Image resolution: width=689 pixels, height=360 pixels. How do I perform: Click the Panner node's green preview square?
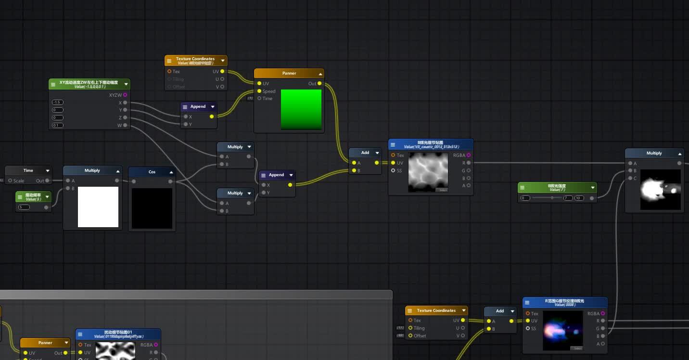pyautogui.click(x=301, y=109)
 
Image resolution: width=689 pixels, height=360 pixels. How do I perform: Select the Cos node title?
pyautogui.click(x=152, y=172)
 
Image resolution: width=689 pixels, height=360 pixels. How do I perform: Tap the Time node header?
pyautogui.click(x=28, y=170)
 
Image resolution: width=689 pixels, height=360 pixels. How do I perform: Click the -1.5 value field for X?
pyautogui.click(x=58, y=103)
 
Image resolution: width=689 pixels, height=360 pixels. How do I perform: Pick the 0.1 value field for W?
pyautogui.click(x=58, y=126)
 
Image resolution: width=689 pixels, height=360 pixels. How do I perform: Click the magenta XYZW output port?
pyautogui.click(x=126, y=95)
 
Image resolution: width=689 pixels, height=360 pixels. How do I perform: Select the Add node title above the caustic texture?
pyautogui.click(x=365, y=153)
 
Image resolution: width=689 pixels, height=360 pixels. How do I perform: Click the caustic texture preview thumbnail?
pyautogui.click(x=428, y=172)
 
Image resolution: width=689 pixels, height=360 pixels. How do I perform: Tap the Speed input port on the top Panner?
pyautogui.click(x=259, y=91)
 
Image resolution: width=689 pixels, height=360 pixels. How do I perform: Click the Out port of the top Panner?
pyautogui.click(x=319, y=83)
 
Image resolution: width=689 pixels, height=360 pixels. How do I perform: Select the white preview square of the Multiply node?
pyautogui.click(x=98, y=207)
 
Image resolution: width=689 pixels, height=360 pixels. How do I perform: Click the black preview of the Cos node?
pyautogui.click(x=152, y=208)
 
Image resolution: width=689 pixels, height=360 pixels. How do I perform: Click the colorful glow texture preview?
pyautogui.click(x=562, y=330)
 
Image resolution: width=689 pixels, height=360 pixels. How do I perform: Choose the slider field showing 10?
pyautogui.click(x=579, y=198)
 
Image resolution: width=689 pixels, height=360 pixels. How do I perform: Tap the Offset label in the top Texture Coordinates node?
pyautogui.click(x=179, y=87)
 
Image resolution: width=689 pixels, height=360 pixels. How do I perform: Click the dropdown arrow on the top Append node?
pyautogui.click(x=212, y=107)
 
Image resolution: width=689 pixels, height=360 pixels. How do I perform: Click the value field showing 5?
pyautogui.click(x=24, y=207)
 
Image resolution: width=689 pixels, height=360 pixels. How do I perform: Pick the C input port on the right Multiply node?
pyautogui.click(x=629, y=179)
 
